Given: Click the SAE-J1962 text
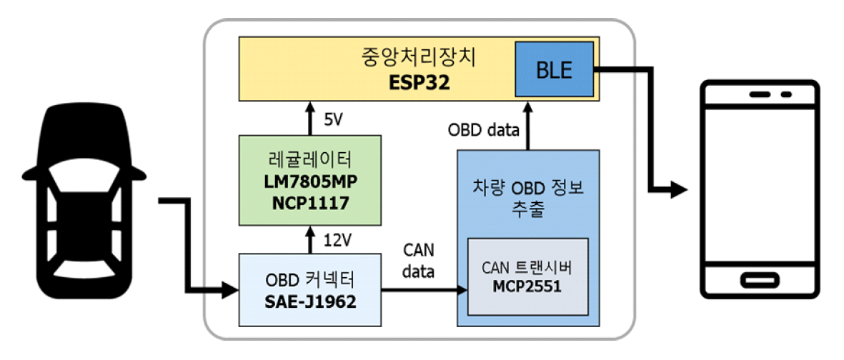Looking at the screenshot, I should pos(309,301).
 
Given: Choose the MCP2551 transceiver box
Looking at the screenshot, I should pos(528,276).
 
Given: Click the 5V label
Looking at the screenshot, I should pos(333,119).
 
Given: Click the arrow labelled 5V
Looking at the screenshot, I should pos(309,118).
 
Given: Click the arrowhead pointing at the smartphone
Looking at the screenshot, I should pos(679,190).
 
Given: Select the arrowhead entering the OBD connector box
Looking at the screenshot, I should pos(230,290).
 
